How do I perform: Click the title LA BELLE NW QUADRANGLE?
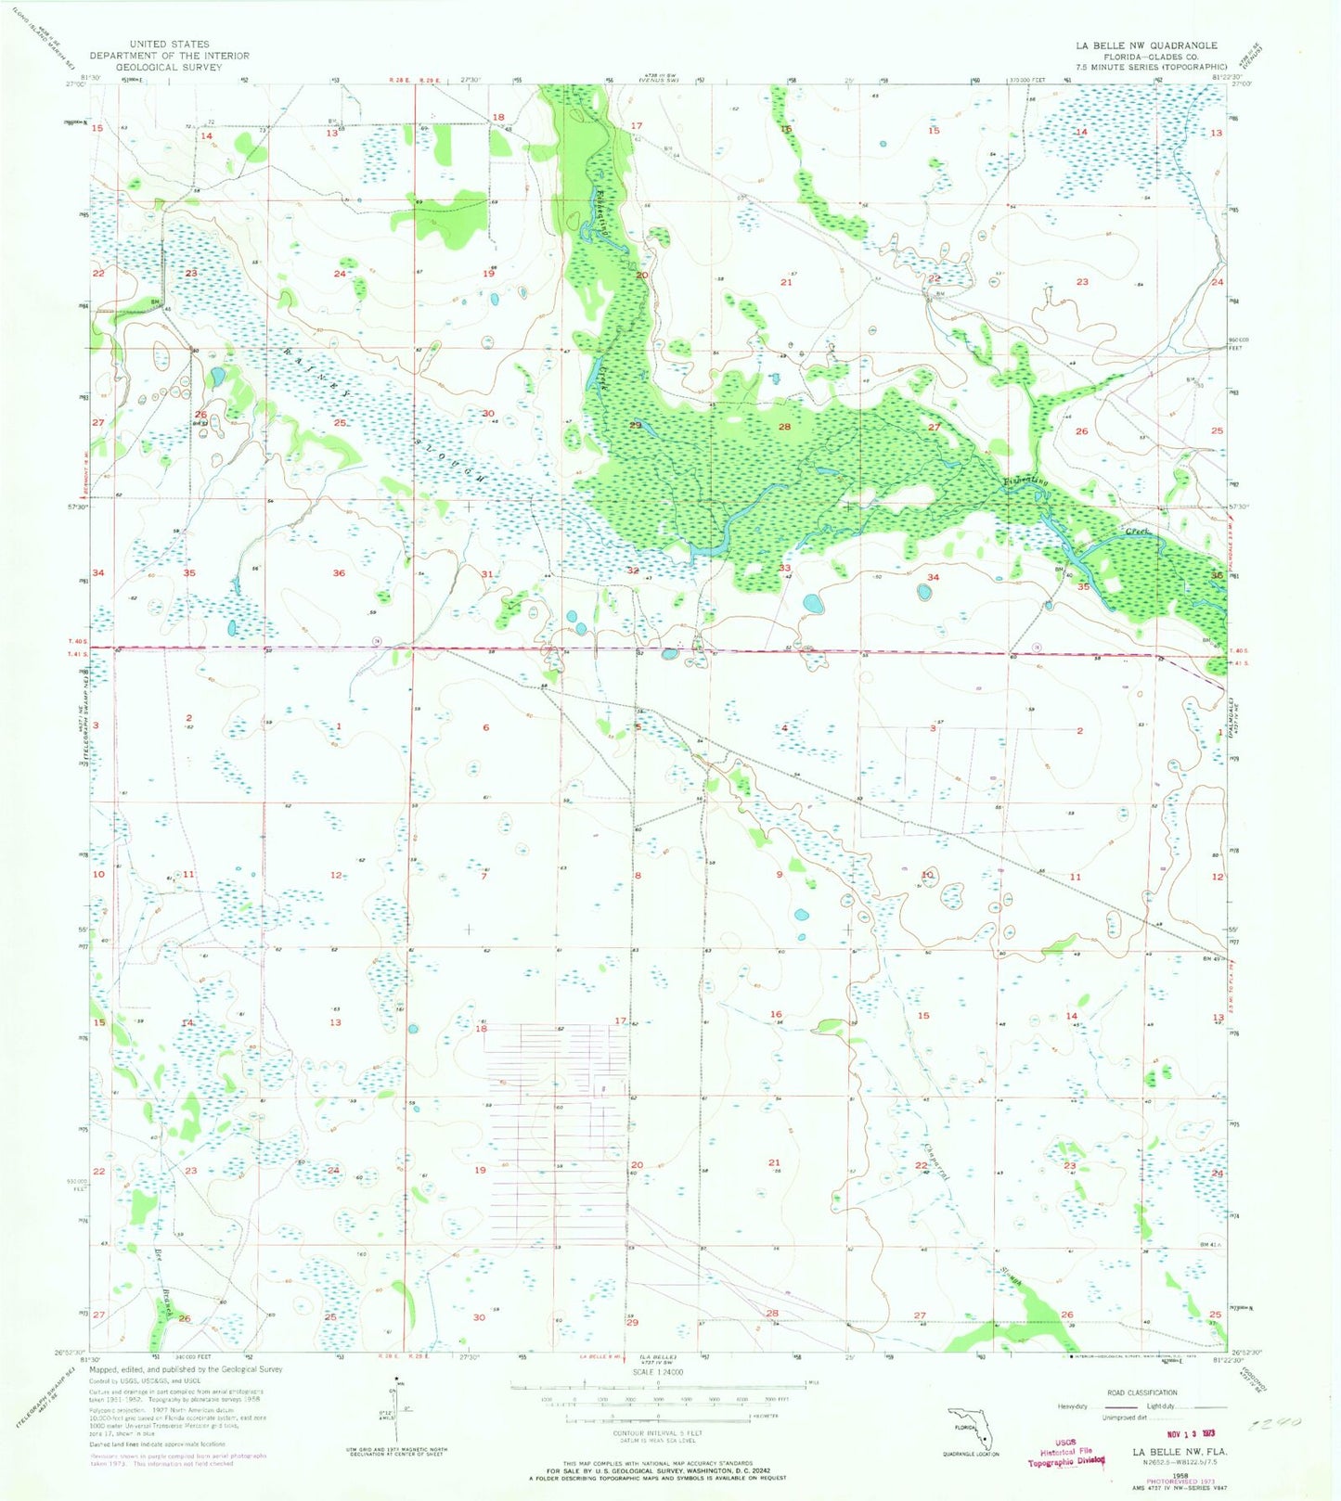tap(1146, 45)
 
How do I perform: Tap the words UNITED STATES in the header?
tap(170, 44)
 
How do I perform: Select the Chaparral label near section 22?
tap(941, 1159)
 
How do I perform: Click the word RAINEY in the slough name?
tap(312, 370)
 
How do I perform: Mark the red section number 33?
tap(784, 568)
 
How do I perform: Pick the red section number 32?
tap(633, 571)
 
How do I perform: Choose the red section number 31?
tap(487, 574)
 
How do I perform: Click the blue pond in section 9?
tap(801, 914)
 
